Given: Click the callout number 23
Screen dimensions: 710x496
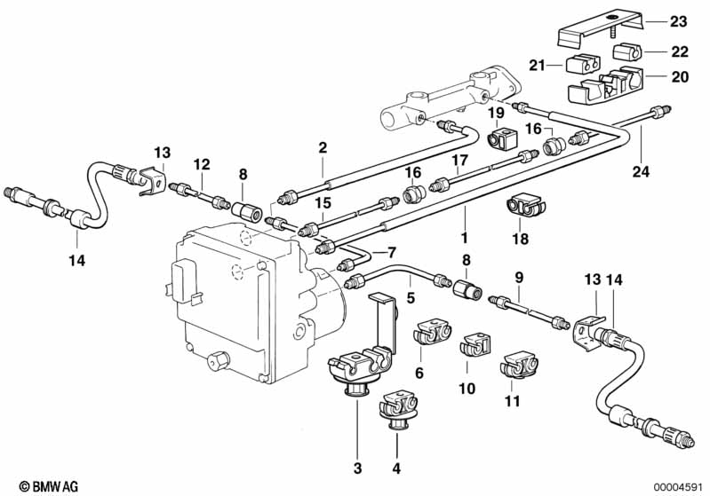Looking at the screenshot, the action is point(678,21).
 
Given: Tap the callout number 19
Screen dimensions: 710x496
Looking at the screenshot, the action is point(496,113).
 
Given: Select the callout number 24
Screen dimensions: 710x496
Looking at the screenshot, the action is point(641,171).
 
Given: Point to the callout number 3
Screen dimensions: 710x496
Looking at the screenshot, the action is point(358,468).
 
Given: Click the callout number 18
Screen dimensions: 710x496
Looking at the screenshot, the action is point(521,239).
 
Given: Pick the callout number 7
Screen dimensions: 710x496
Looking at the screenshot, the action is point(392,252).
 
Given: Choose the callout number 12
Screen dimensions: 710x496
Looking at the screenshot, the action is point(202,164).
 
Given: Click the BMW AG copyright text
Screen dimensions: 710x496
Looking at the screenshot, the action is point(49,486).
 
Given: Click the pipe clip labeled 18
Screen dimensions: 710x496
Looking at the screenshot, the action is point(525,206).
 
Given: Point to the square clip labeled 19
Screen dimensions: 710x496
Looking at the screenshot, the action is point(501,137).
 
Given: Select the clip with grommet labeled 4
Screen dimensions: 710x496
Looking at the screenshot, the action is point(397,411).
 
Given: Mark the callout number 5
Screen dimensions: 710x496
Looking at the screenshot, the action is point(411,297).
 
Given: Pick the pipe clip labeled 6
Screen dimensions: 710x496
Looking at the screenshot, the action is point(433,334).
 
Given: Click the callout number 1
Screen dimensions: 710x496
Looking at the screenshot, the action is point(464,238).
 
